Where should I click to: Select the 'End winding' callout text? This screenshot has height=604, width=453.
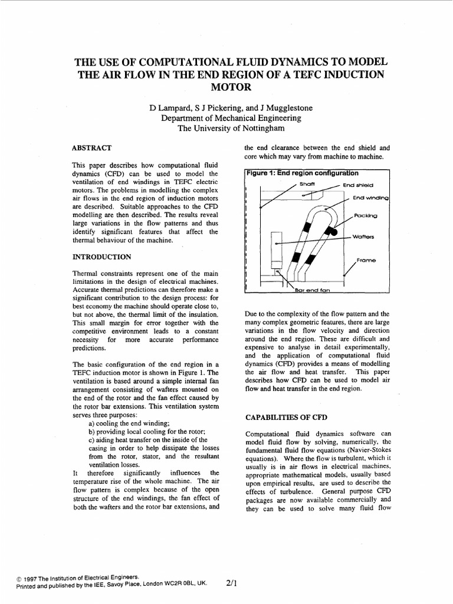pyautogui.click(x=371, y=198)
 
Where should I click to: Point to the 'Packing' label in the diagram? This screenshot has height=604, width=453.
pyautogui.click(x=366, y=216)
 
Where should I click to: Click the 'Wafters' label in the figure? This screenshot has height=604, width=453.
pyautogui.click(x=365, y=237)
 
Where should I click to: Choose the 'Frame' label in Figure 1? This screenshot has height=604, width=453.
pyautogui.click(x=366, y=260)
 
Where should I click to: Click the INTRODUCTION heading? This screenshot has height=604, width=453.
pyautogui.click(x=101, y=257)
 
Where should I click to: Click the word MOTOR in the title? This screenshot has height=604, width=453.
pyautogui.click(x=226, y=87)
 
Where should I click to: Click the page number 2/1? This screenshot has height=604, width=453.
pyautogui.click(x=231, y=583)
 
